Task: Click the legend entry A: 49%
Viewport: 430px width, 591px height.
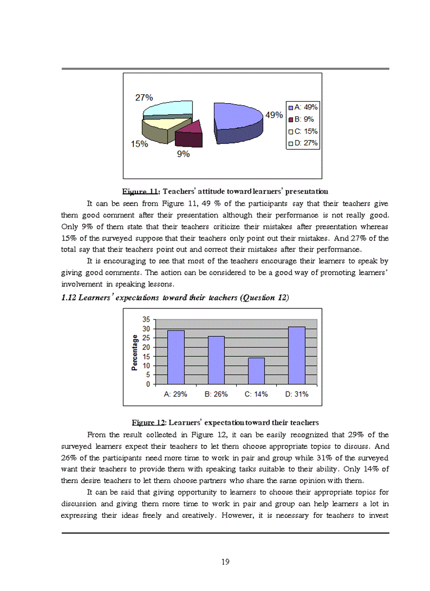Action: point(302,107)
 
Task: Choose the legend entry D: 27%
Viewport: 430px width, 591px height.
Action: point(302,143)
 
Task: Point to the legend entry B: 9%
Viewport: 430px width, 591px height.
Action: point(300,119)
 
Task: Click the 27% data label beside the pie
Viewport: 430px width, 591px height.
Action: point(144,97)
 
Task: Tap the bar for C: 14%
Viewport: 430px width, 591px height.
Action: point(256,371)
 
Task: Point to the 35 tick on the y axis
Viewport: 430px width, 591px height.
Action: point(146,319)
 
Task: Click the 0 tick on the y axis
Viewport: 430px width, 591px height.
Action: point(148,384)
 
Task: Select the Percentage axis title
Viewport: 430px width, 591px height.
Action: point(135,353)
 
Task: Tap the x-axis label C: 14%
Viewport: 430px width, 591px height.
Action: point(256,394)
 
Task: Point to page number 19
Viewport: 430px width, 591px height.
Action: point(225,562)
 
